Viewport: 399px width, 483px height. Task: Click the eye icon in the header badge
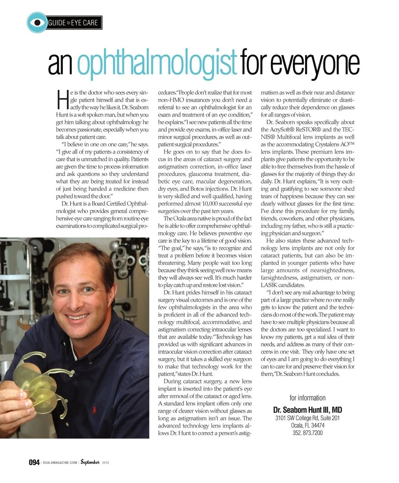(37, 23)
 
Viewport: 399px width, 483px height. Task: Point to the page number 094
(34, 462)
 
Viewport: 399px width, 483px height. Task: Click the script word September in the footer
(90, 462)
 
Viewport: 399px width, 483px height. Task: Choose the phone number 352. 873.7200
(308, 433)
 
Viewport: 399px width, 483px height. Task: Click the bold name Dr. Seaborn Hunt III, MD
(308, 410)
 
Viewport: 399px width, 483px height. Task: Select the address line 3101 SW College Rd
(308, 418)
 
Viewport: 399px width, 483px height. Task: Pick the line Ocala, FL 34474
(308, 426)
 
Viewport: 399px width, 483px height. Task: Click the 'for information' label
(308, 398)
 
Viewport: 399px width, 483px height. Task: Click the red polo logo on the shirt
(94, 409)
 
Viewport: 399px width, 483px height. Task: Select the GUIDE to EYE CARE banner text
(74, 23)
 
